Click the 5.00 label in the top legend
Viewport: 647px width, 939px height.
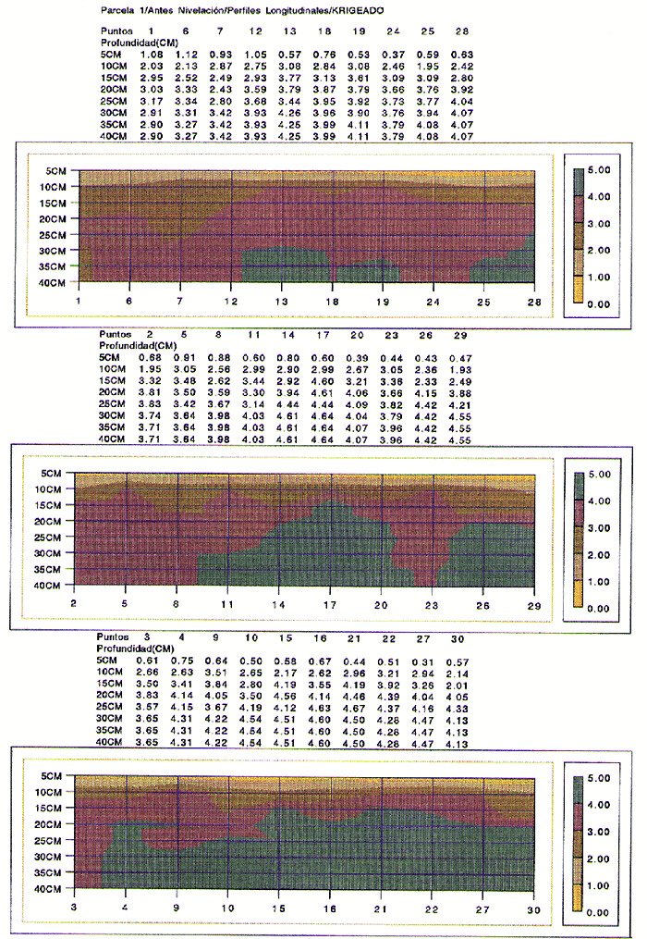(603, 171)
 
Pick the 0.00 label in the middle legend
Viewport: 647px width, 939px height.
(603, 608)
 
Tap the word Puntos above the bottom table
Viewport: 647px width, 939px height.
(115, 637)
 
